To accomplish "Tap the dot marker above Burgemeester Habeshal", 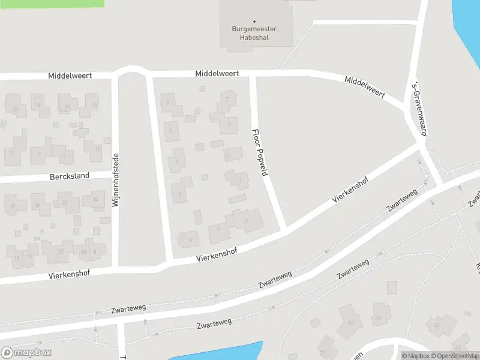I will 254,22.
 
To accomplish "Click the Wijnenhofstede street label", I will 115,181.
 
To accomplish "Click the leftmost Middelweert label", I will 70,76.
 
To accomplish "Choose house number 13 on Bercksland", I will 97,149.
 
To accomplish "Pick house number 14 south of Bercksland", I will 95,200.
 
